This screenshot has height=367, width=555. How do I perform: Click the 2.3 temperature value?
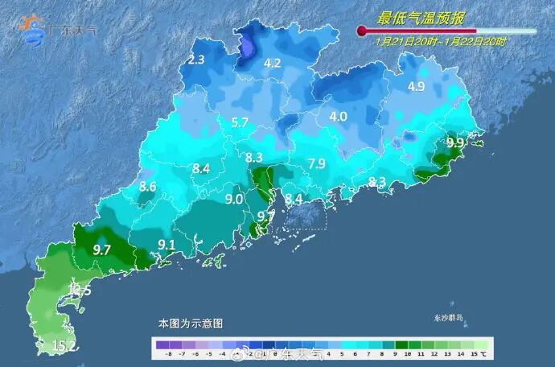196,60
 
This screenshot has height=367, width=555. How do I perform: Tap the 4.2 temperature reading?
273,63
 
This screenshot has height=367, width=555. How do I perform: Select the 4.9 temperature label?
416,86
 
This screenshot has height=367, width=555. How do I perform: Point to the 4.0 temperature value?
338,116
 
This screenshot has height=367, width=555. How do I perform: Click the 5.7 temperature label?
240,122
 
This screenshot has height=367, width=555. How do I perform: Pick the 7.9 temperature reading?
317,164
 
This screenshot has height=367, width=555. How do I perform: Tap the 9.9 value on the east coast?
455,142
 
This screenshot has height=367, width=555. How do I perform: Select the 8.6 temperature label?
148,187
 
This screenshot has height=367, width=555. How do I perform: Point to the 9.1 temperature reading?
166,244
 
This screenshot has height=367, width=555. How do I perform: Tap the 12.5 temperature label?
80,290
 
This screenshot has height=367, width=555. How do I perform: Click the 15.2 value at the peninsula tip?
65,347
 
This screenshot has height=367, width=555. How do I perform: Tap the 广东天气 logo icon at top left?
34,30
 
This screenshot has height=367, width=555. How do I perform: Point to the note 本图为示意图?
191,323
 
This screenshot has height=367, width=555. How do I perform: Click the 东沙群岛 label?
447,320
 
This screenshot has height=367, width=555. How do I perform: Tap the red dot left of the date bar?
361,31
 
